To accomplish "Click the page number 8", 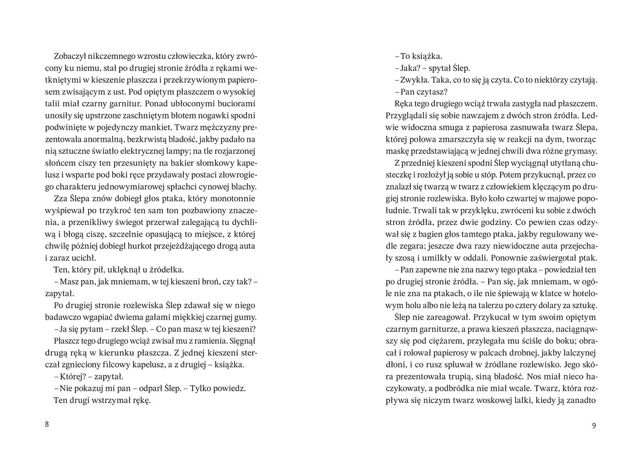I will [47, 425].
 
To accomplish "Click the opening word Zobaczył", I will [73, 56].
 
